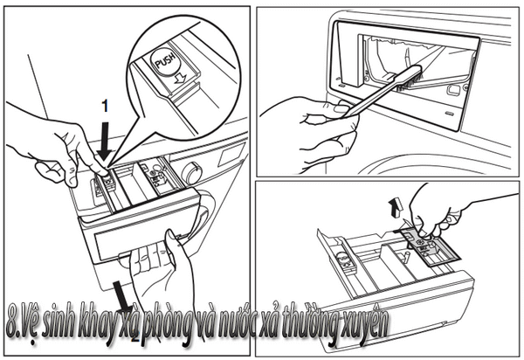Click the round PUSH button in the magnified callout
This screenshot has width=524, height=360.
pos(165,60)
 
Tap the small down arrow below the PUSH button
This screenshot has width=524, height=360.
pos(180,80)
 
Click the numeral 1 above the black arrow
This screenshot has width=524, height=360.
pos(106,107)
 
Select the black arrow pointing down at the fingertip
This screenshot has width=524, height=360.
pos(105,141)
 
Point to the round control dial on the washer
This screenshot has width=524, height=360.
pos(191,172)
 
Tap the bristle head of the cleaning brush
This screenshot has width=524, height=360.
pos(409,80)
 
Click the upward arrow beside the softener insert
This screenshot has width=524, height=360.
pos(396,207)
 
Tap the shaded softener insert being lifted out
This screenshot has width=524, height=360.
pos(430,246)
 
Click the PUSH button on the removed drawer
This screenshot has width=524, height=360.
pos(343,259)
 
